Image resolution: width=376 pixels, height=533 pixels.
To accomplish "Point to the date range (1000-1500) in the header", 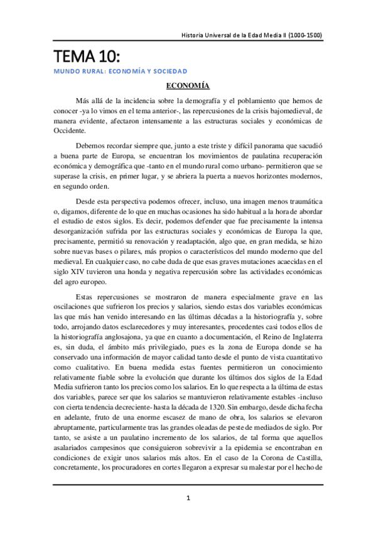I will click(303, 35).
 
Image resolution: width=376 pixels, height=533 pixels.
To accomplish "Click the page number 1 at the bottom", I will click(188, 498).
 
